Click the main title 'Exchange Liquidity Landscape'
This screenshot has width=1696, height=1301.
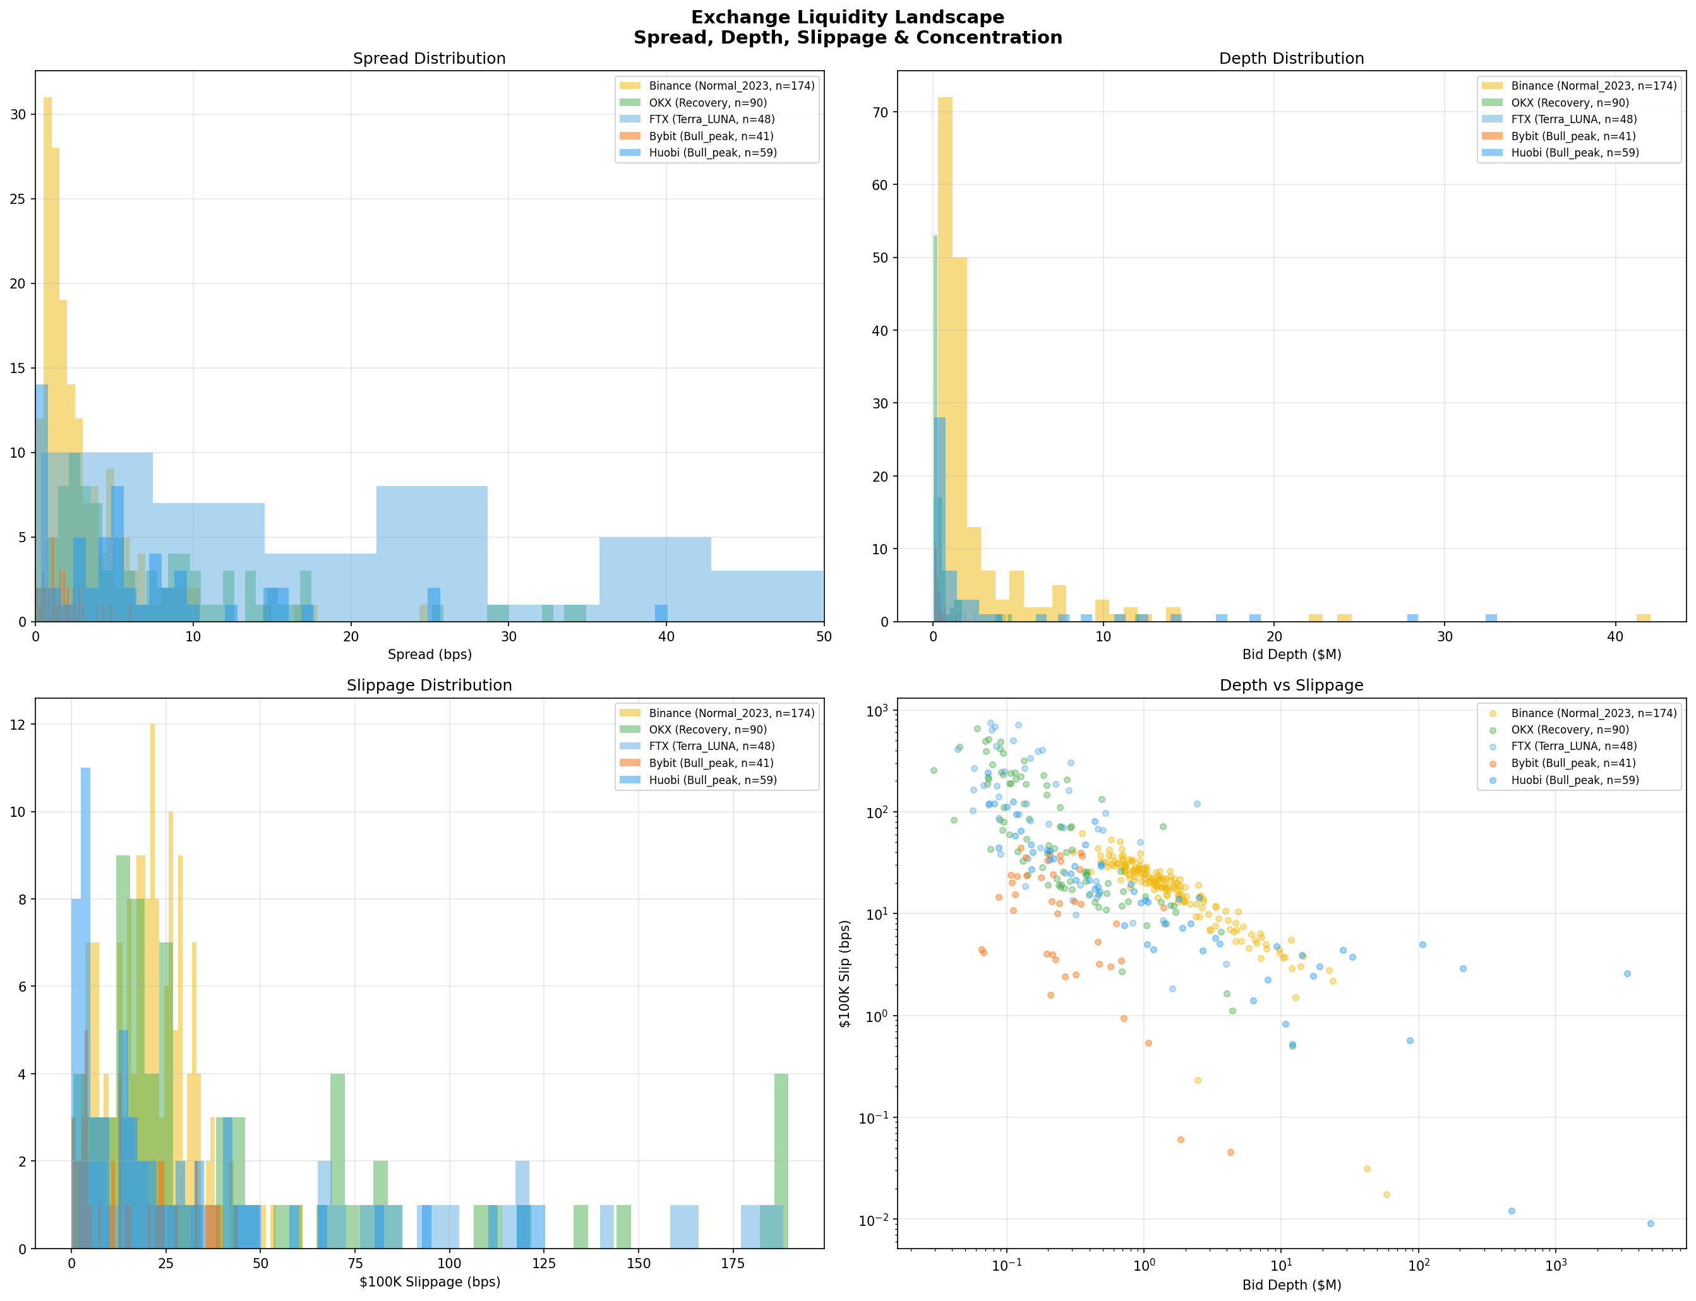[847, 17]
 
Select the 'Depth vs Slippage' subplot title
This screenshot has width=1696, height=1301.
[1290, 686]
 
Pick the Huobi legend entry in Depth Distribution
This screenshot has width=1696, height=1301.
[1573, 153]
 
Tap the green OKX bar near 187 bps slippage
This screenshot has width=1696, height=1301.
[781, 1161]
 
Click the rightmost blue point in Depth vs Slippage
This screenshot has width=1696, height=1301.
[1651, 1223]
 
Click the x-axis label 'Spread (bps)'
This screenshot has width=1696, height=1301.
[430, 655]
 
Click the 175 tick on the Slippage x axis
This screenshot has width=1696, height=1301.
[732, 1263]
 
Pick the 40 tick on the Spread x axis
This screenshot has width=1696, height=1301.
[666, 636]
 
